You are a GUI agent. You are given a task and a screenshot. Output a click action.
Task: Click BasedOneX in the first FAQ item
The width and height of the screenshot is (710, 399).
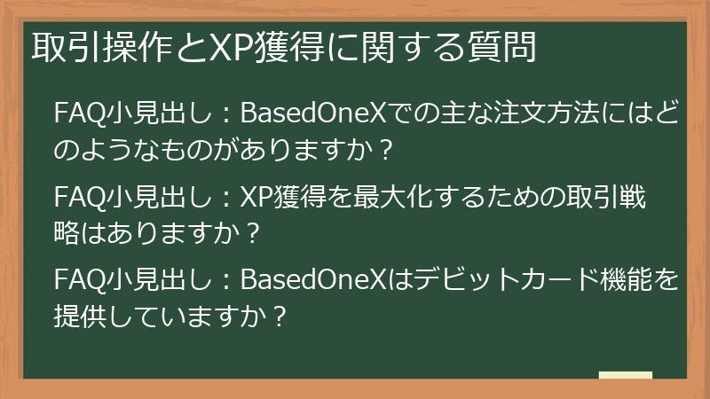298,114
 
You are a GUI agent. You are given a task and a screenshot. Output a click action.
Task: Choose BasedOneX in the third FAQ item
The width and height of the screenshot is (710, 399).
298,283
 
